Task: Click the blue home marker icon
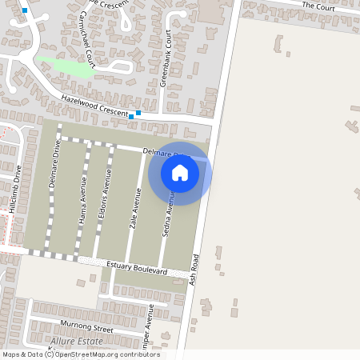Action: click(180, 173)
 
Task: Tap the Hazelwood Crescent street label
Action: click(94, 106)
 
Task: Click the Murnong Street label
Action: click(87, 326)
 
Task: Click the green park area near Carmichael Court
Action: click(66, 67)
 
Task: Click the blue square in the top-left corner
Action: click(26, 10)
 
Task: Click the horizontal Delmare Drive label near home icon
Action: click(160, 151)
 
